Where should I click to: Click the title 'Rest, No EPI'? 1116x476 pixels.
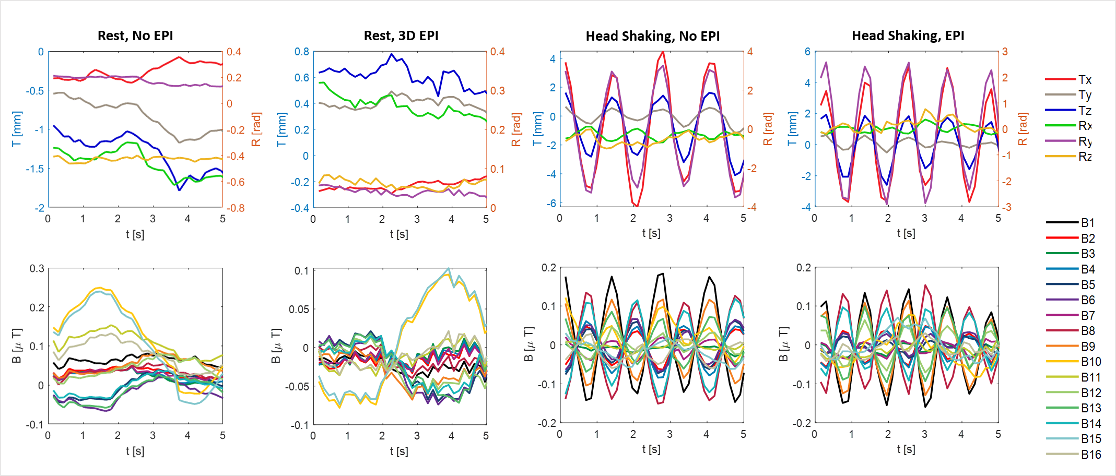pyautogui.click(x=135, y=35)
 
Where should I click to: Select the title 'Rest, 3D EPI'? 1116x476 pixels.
pyautogui.click(x=401, y=35)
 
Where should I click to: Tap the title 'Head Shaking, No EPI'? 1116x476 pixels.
pyautogui.click(x=652, y=36)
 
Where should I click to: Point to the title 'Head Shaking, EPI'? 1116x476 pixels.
pyautogui.click(x=908, y=35)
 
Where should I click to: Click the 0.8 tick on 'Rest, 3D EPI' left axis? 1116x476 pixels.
pyautogui.click(x=302, y=52)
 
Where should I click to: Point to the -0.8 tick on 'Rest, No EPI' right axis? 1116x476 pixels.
pyautogui.click(x=236, y=208)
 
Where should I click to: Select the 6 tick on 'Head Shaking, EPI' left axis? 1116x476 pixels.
pyautogui.click(x=807, y=52)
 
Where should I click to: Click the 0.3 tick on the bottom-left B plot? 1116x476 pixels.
pyautogui.click(x=37, y=268)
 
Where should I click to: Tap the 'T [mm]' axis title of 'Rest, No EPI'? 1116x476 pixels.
pyautogui.click(x=17, y=129)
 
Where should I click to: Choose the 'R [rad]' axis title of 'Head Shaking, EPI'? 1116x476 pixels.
pyautogui.click(x=1023, y=129)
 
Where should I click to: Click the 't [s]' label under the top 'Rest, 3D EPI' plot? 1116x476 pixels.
pyautogui.click(x=399, y=234)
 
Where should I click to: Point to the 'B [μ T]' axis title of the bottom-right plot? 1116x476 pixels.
pyautogui.click(x=783, y=344)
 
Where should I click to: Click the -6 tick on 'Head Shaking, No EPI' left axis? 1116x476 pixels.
pyautogui.click(x=551, y=204)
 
